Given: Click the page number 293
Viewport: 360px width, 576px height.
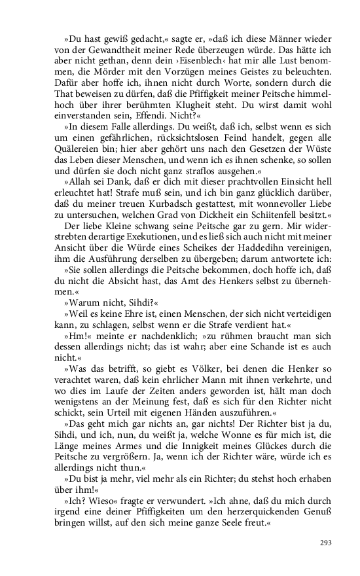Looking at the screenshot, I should tap(326, 543).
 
